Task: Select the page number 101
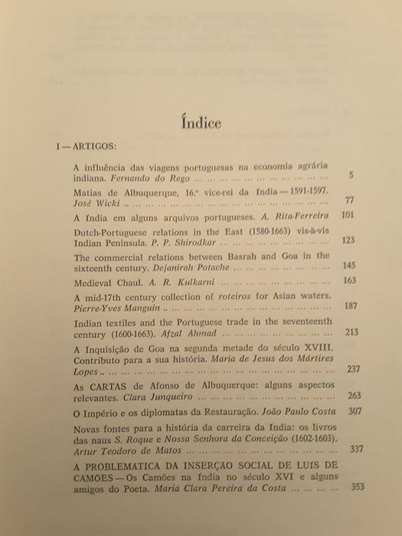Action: tap(347, 216)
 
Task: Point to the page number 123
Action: tap(348, 240)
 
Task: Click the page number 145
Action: tap(349, 265)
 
